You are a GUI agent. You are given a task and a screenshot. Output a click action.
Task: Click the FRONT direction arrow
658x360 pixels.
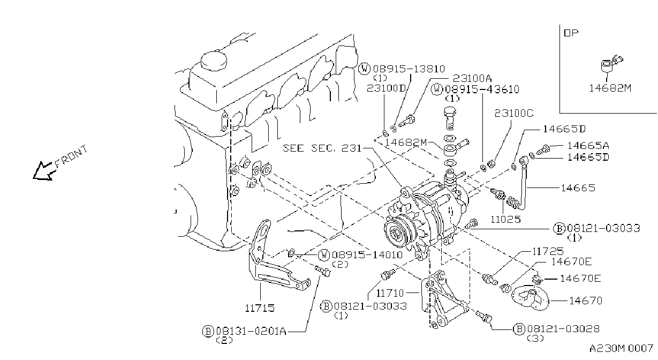tap(43, 171)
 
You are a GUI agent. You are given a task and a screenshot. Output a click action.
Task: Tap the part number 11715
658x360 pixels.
tap(260, 308)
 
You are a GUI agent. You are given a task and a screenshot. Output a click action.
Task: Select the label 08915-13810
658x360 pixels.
tap(409, 69)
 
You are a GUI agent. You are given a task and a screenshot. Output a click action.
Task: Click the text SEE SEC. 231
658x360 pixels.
tap(322, 148)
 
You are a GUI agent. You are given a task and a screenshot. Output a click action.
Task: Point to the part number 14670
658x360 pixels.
tap(585, 301)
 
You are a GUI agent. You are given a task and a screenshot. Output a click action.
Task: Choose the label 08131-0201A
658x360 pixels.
tap(251, 331)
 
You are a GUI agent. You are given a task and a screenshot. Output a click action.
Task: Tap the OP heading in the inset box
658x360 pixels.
tap(571, 33)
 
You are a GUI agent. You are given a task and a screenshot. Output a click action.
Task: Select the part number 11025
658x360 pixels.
tap(505, 219)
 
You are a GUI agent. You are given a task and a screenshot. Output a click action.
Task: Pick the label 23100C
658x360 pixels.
tap(514, 113)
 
